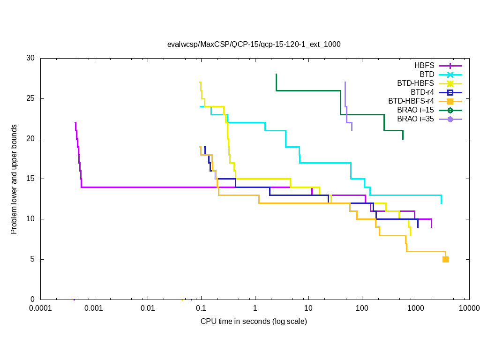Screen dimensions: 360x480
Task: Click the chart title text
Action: (x=254, y=45)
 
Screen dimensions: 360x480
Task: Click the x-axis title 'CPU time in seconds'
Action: (x=254, y=321)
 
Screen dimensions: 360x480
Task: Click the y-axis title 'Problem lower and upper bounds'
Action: (x=14, y=179)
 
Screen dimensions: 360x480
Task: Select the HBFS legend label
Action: (x=424, y=66)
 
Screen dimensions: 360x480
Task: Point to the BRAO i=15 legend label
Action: (x=415, y=110)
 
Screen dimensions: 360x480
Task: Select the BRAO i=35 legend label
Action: (x=415, y=119)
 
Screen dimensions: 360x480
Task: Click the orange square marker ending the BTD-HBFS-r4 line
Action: (x=445, y=259)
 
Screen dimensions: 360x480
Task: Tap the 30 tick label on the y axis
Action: (x=30, y=58)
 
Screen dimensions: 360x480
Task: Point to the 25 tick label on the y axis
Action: (x=30, y=98)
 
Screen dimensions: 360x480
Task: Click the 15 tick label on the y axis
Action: (x=30, y=179)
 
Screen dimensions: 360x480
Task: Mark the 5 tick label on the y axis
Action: (x=32, y=259)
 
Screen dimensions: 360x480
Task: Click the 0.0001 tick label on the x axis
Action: (x=40, y=308)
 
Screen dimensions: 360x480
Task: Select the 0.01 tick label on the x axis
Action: (x=148, y=308)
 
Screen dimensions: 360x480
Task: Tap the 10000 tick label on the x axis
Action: (x=469, y=308)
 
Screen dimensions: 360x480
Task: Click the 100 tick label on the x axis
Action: (x=362, y=308)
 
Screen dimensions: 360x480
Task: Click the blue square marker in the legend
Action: (x=450, y=92)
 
